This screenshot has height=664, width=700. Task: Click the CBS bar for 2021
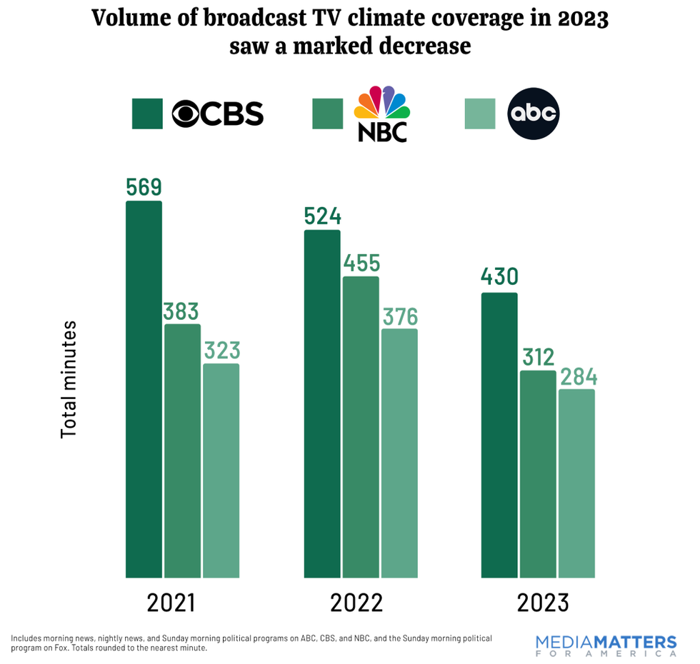(x=144, y=389)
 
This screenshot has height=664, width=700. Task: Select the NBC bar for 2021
(x=182, y=451)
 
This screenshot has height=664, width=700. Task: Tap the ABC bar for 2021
(x=221, y=471)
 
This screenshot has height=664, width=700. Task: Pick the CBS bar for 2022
(x=322, y=403)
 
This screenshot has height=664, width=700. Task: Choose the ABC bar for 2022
(x=399, y=453)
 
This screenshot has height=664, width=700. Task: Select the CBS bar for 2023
(x=499, y=435)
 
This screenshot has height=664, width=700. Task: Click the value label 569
(x=144, y=187)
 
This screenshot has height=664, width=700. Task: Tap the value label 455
(x=361, y=263)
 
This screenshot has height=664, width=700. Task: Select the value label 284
(x=577, y=376)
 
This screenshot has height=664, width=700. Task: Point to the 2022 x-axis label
(x=356, y=603)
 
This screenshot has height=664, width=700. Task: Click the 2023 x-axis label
(x=543, y=603)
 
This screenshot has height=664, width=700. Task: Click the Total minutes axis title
(x=69, y=379)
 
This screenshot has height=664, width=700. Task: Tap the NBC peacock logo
(x=381, y=113)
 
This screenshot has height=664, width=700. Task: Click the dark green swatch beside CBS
(x=147, y=114)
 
